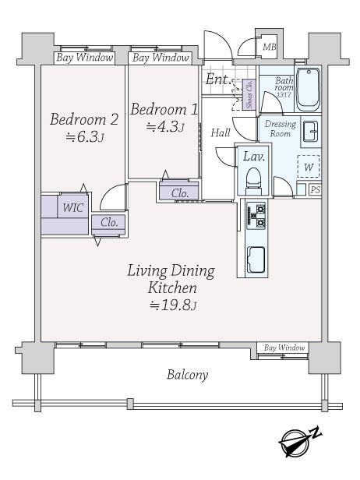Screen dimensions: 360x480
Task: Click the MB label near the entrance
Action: click(x=270, y=47)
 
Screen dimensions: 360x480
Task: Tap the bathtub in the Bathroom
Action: click(x=309, y=90)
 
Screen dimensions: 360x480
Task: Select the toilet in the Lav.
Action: click(x=253, y=182)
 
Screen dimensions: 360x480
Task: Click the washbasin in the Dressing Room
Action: click(x=311, y=132)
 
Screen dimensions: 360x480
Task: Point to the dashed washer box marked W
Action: click(x=309, y=166)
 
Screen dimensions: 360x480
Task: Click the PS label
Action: click(x=315, y=190)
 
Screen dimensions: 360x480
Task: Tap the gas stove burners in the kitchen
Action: click(x=256, y=216)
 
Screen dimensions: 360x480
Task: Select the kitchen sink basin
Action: click(x=256, y=259)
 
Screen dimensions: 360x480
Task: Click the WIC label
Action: click(x=72, y=208)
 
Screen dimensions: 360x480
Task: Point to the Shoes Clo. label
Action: click(x=249, y=94)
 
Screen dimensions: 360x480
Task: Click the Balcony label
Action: click(x=187, y=375)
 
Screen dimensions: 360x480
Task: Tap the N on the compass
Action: click(x=316, y=432)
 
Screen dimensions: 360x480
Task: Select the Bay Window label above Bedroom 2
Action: click(x=85, y=58)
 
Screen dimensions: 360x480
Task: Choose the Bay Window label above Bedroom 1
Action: click(x=161, y=58)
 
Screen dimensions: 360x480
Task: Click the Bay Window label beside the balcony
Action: click(x=284, y=348)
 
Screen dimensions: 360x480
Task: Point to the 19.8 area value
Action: click(x=173, y=305)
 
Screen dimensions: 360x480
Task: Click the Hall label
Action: click(x=221, y=132)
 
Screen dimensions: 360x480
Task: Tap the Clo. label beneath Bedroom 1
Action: click(x=180, y=193)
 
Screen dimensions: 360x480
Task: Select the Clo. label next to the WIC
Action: click(x=109, y=223)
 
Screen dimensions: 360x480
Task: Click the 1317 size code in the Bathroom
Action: click(x=284, y=94)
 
